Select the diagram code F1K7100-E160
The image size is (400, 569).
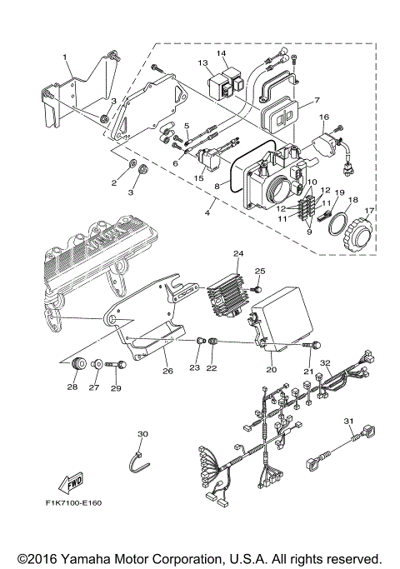coord(79,504)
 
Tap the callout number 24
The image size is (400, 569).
coord(237,253)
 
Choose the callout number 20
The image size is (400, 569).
coord(271,368)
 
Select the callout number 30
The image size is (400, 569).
coord(142,433)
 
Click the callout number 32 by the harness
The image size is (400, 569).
coord(326,362)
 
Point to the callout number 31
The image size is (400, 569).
coord(349,420)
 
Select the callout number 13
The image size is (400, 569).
coord(202,63)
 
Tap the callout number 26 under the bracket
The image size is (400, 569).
coord(167,371)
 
